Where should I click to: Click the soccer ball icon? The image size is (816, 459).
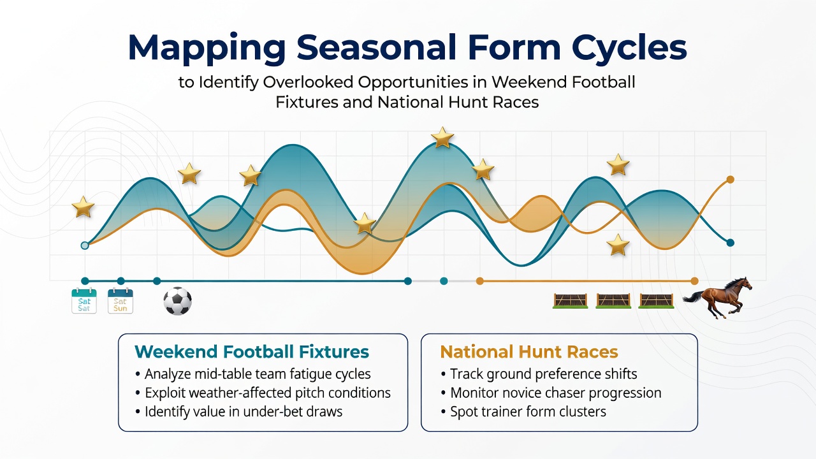click(177, 302)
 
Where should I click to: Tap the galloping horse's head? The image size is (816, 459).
click(745, 284)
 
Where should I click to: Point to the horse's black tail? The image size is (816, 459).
click(693, 297)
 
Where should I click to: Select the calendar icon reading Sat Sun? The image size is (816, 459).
click(120, 300)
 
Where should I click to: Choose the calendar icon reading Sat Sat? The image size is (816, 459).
click(84, 300)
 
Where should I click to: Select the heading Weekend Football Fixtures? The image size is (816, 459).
click(252, 352)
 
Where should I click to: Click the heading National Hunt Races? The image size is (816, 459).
click(529, 352)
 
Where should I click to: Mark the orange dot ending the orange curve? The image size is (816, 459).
click(731, 179)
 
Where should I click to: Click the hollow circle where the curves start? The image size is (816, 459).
click(85, 245)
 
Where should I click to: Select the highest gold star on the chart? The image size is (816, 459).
click(442, 137)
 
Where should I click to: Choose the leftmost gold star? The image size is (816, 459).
click(83, 207)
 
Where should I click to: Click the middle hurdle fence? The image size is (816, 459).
click(613, 301)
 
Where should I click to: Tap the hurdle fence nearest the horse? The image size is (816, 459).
click(657, 301)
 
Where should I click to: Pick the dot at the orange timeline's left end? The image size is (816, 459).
click(480, 281)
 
